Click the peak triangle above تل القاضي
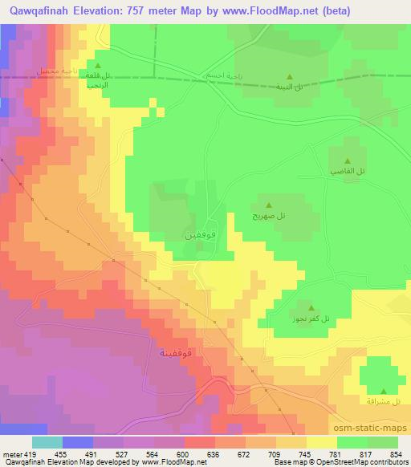[x=348, y=161]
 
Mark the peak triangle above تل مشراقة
[x=379, y=388]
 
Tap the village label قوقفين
[x=200, y=235]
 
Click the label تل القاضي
[x=348, y=173]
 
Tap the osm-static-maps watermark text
[x=373, y=429]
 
